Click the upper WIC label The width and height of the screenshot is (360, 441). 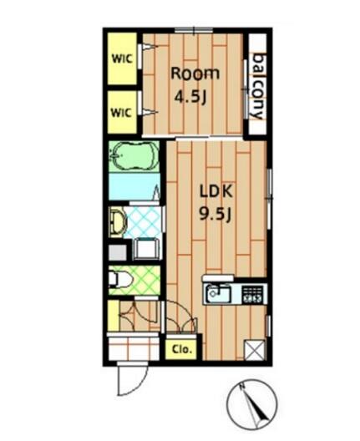coord(122,59)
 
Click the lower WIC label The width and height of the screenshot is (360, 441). coord(121,113)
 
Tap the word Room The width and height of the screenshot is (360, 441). coord(195,73)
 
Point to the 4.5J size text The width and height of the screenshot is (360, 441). coord(191,98)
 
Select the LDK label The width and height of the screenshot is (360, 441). coord(216,191)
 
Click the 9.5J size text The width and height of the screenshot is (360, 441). coord(215,215)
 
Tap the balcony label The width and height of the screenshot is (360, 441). coord(258,86)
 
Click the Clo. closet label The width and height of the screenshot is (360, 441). coord(182,350)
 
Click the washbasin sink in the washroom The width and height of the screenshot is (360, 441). coord(117,223)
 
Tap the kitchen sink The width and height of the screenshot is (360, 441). coord(218,293)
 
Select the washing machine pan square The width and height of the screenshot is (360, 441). coord(147,249)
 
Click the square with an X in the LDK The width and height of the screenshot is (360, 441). coord(254,350)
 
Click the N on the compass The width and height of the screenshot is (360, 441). coord(241,387)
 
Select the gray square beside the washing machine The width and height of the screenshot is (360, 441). coord(118,252)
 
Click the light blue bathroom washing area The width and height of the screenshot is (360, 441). coord(134,186)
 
